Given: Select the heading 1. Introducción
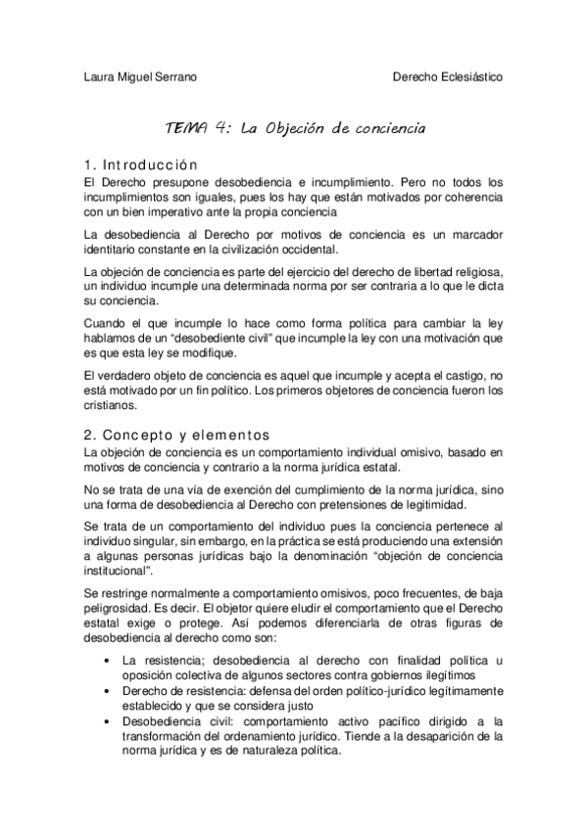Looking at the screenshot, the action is pos(141,164).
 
